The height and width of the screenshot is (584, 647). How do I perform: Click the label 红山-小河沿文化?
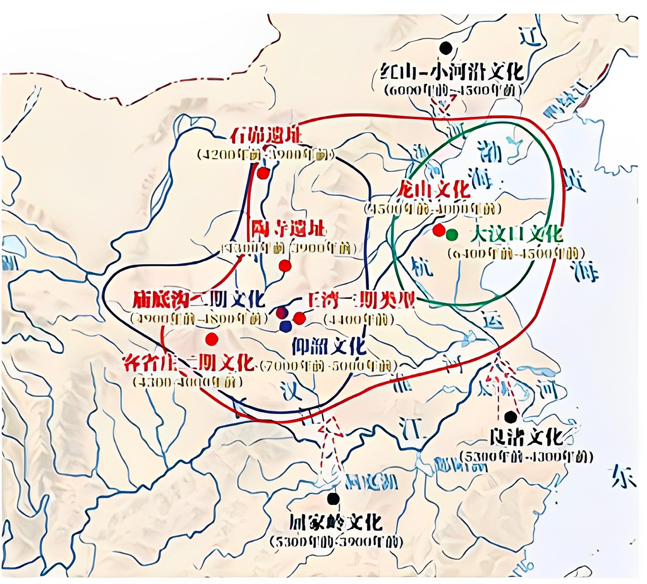(x=452, y=72)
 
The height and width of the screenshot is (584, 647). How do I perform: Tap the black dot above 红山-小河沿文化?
(x=446, y=48)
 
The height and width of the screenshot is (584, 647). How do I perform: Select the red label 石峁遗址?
(x=266, y=136)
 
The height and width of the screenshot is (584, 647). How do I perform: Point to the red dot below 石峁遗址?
(x=263, y=173)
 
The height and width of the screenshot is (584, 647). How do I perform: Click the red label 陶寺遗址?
(x=288, y=229)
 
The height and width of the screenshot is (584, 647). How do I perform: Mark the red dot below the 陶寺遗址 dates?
(x=285, y=266)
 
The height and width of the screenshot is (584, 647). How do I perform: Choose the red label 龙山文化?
(x=433, y=189)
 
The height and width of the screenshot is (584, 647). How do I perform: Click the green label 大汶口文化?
(x=516, y=234)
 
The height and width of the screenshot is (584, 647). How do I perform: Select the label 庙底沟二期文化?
(x=199, y=299)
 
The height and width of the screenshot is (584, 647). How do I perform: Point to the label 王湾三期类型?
(x=361, y=301)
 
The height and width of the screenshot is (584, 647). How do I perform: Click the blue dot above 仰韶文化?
(x=285, y=327)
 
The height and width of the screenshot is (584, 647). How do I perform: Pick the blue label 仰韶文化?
(x=329, y=346)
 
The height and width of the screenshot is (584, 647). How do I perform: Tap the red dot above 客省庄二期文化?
(x=212, y=339)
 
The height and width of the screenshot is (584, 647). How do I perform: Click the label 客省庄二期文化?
(x=188, y=363)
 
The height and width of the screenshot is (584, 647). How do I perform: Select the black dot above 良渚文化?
(x=511, y=417)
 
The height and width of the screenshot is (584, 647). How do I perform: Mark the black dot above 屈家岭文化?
(x=333, y=499)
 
